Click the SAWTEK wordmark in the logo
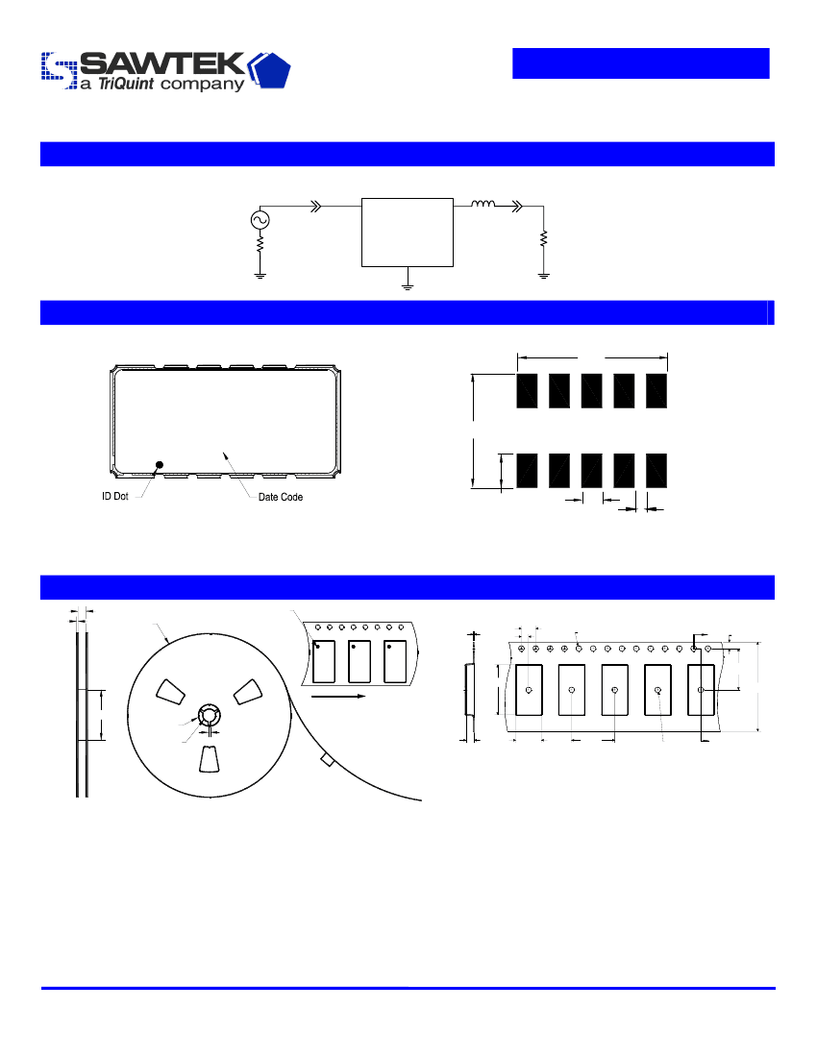[x=162, y=63]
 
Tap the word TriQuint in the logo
[x=126, y=84]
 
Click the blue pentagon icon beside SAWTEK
[x=270, y=70]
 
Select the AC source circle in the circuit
[x=260, y=220]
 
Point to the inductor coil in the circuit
[x=483, y=203]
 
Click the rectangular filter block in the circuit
[x=408, y=233]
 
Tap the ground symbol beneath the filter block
[x=408, y=286]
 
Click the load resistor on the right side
[x=543, y=238]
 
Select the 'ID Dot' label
[x=115, y=496]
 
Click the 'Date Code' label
[x=281, y=497]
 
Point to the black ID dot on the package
[x=160, y=464]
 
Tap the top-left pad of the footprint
[x=527, y=391]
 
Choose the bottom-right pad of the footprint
[x=656, y=471]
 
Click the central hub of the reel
[x=209, y=715]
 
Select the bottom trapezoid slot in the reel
[x=209, y=759]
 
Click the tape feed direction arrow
[x=338, y=696]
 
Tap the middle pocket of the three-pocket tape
[x=359, y=661]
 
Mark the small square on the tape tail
[x=327, y=760]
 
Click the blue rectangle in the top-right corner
[x=641, y=63]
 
